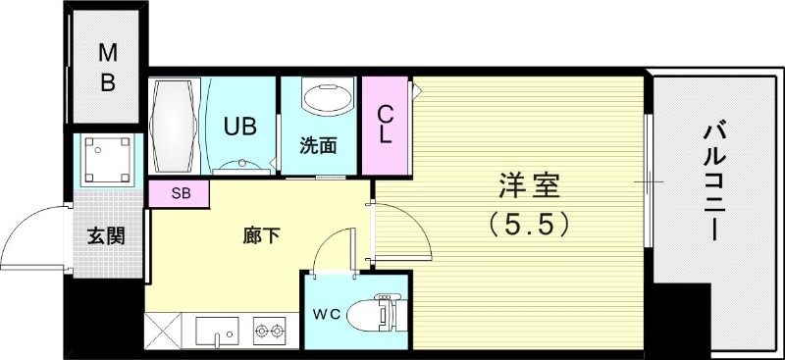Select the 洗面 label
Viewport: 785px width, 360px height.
[x=318, y=147]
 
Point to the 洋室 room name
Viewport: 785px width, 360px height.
[x=528, y=186]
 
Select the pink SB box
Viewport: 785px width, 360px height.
[x=180, y=193]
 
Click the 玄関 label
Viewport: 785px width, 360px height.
[x=105, y=235]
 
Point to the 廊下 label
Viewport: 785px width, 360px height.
[x=262, y=235]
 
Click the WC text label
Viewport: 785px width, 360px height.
[x=326, y=314]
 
